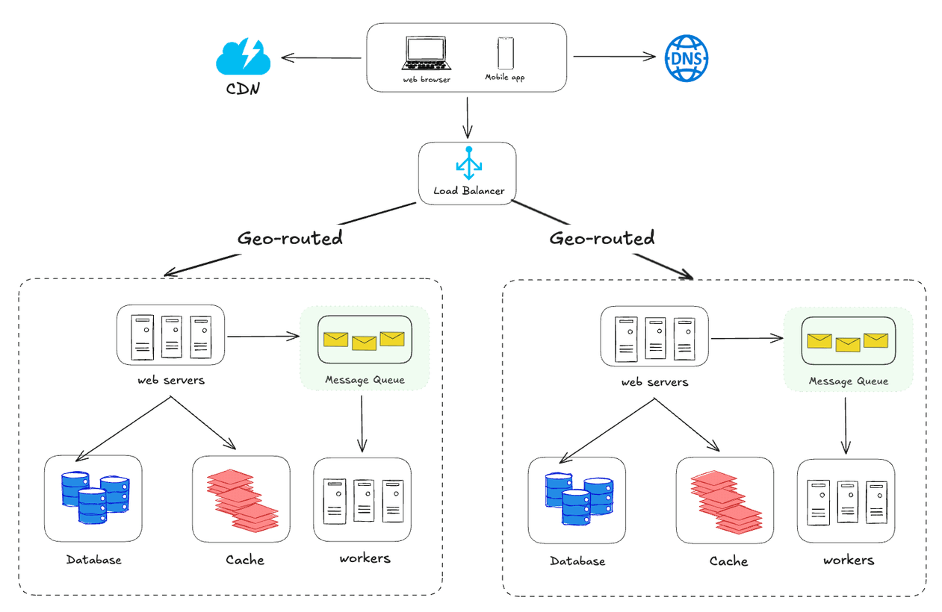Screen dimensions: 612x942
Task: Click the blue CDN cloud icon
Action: point(241,57)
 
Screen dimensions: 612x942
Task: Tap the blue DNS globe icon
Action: point(686,57)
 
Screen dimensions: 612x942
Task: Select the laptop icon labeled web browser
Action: point(427,54)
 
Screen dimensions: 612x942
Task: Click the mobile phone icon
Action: point(506,53)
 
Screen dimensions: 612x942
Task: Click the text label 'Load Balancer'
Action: point(468,191)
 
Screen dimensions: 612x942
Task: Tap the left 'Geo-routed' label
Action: point(290,238)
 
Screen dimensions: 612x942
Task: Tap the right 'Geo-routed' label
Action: point(602,238)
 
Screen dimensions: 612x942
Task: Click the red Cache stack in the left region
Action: point(241,499)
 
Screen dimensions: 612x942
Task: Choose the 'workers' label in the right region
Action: point(849,560)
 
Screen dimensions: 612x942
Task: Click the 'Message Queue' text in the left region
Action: point(365,380)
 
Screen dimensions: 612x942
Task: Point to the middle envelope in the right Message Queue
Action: point(848,344)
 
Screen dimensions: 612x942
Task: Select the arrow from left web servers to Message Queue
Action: point(263,337)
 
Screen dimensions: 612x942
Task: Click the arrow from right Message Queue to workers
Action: point(846,425)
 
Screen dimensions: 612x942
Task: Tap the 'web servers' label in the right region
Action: point(654,382)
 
